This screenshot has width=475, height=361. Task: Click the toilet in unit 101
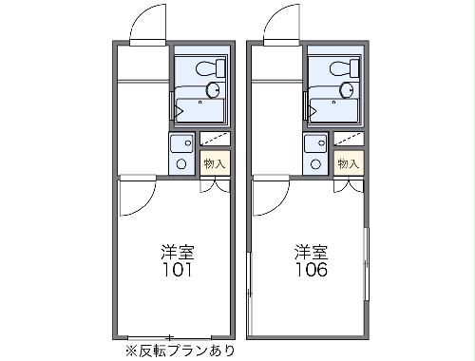click(204, 67)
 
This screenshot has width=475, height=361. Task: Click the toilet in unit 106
click(339, 67)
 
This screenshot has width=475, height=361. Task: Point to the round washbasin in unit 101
click(213, 89)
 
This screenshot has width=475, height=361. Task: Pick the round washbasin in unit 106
click(347, 89)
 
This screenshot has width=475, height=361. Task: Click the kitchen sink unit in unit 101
click(181, 152)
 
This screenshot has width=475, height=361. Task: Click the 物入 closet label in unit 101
click(215, 162)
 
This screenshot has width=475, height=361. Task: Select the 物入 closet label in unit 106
click(349, 162)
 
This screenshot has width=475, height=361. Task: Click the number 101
click(176, 270)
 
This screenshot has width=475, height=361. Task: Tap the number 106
click(311, 270)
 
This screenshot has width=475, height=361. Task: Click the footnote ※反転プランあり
click(178, 351)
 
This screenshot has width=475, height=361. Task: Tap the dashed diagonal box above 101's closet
click(215, 139)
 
